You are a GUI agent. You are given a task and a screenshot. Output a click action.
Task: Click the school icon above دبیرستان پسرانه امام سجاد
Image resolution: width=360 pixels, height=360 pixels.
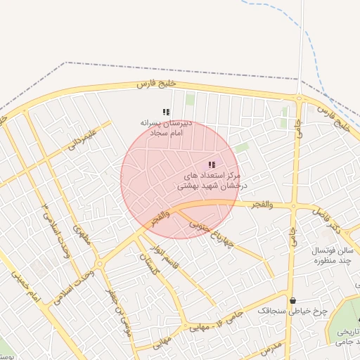pyautogui.click(x=166, y=112)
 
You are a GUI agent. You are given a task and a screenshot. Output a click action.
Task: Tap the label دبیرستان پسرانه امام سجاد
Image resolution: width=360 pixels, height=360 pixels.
pyautogui.click(x=161, y=127)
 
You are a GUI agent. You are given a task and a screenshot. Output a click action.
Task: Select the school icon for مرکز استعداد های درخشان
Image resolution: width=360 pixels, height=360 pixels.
pyautogui.click(x=212, y=165)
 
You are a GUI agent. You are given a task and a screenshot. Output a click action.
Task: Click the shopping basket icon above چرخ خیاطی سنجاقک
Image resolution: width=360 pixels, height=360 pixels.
pyautogui.click(x=292, y=300)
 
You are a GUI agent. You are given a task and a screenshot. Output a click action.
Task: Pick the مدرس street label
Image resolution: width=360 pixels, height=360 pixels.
pyautogui.click(x=271, y=347)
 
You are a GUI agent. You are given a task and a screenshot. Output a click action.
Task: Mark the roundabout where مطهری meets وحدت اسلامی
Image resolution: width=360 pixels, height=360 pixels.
pyautogui.click(x=99, y=264)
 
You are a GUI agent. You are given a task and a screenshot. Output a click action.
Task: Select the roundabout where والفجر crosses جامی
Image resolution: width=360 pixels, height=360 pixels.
pyautogui.click(x=292, y=205)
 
